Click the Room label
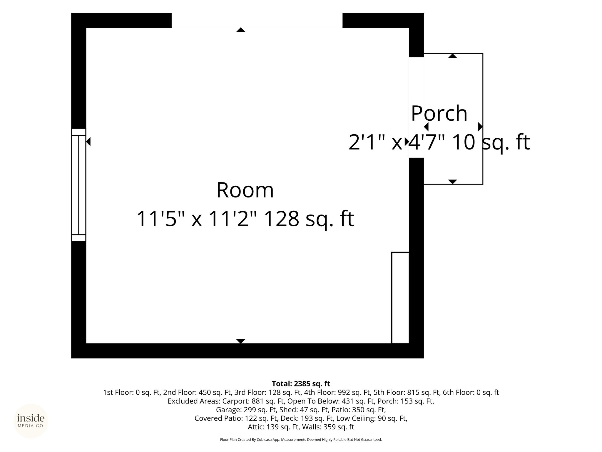point(245,190)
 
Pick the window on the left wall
point(79,185)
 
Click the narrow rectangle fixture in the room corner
point(400,298)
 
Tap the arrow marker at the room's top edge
point(241,30)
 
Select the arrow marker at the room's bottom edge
point(241,341)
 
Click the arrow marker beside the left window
point(88,142)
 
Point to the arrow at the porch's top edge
point(453,56)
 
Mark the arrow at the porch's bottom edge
point(453,182)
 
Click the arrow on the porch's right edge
point(480,127)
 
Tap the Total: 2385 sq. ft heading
point(301,384)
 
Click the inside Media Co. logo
point(31,421)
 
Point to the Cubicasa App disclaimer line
point(301,440)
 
